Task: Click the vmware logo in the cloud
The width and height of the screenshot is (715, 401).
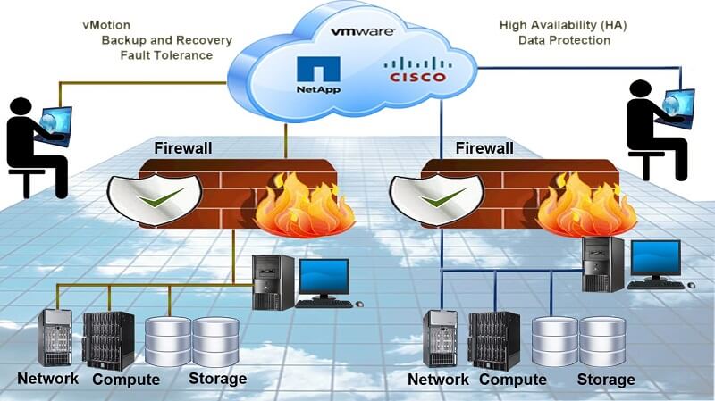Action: (364, 31)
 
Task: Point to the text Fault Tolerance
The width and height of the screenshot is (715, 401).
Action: (166, 55)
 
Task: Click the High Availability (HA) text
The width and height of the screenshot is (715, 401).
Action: (563, 24)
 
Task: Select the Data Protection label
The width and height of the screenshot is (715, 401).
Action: (563, 40)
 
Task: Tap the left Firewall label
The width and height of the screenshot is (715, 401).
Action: (182, 147)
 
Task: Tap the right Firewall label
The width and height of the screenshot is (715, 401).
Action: (484, 147)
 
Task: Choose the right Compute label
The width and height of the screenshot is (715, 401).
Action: (512, 380)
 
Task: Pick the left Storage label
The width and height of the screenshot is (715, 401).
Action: (217, 379)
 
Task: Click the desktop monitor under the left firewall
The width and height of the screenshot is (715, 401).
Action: (323, 280)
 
